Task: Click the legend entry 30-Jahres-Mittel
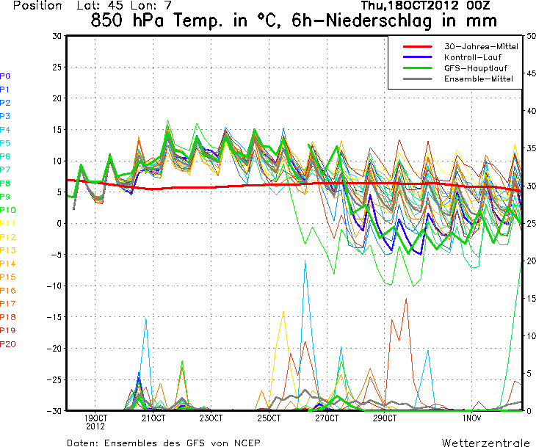click(x=481, y=46)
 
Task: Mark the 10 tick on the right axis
click(x=530, y=335)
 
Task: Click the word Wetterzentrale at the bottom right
click(x=485, y=443)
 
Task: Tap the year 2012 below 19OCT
click(x=96, y=426)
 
